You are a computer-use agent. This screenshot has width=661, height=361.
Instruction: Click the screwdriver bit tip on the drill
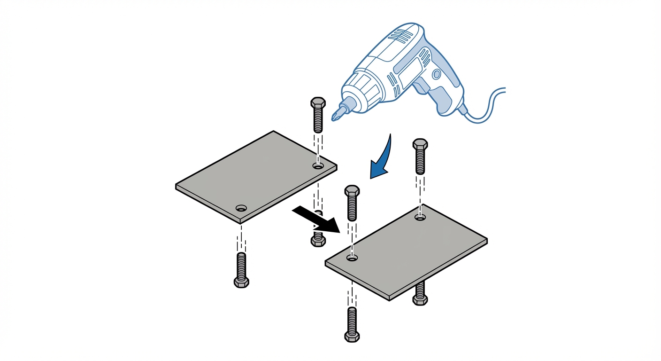[335, 116]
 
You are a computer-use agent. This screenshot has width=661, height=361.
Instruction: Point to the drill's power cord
[488, 106]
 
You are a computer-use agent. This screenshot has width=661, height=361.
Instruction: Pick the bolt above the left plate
[318, 115]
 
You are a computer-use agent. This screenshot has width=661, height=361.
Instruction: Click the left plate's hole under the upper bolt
[318, 166]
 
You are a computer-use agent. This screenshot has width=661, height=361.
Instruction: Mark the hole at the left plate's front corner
[241, 208]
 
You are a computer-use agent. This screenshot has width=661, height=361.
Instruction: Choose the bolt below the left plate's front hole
[241, 270]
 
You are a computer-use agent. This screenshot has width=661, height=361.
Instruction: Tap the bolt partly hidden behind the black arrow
[318, 235]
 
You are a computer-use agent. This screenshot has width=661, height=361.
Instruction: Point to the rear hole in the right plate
[420, 217]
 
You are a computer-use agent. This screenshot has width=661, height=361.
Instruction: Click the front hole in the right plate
[352, 258]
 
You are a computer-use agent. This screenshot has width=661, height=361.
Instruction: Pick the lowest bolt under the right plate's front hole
[352, 324]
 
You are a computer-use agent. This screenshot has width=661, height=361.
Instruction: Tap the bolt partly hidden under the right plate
[420, 294]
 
